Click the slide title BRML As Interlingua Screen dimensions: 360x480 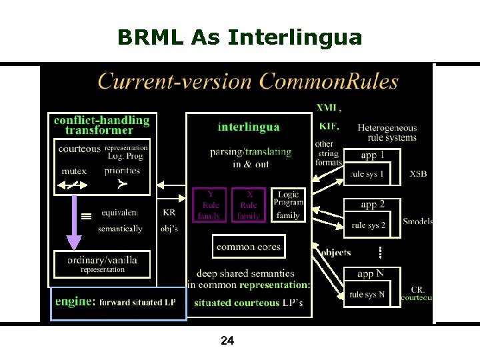pyautogui.click(x=239, y=37)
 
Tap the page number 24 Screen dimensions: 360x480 pyautogui.click(x=227, y=341)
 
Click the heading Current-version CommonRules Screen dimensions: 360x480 pyautogui.click(x=248, y=82)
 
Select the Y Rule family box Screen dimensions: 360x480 pyautogui.click(x=210, y=205)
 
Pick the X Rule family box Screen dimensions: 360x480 pyautogui.click(x=249, y=205)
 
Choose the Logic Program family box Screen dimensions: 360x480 pyautogui.click(x=288, y=205)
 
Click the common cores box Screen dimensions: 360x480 pyautogui.click(x=249, y=247)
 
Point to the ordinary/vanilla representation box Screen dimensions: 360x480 pyautogui.click(x=103, y=264)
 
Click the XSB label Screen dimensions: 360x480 pyautogui.click(x=418, y=174)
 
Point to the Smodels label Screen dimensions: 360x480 pyautogui.click(x=417, y=221)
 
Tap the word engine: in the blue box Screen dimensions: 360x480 pyautogui.click(x=75, y=302)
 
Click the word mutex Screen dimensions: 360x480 pyautogui.click(x=73, y=171)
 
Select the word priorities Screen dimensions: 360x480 pyautogui.click(x=123, y=171)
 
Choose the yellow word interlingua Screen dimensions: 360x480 pyautogui.click(x=249, y=127)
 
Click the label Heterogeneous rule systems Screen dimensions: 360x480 pyautogui.click(x=387, y=133)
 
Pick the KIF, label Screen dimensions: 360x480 pyautogui.click(x=329, y=126)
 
